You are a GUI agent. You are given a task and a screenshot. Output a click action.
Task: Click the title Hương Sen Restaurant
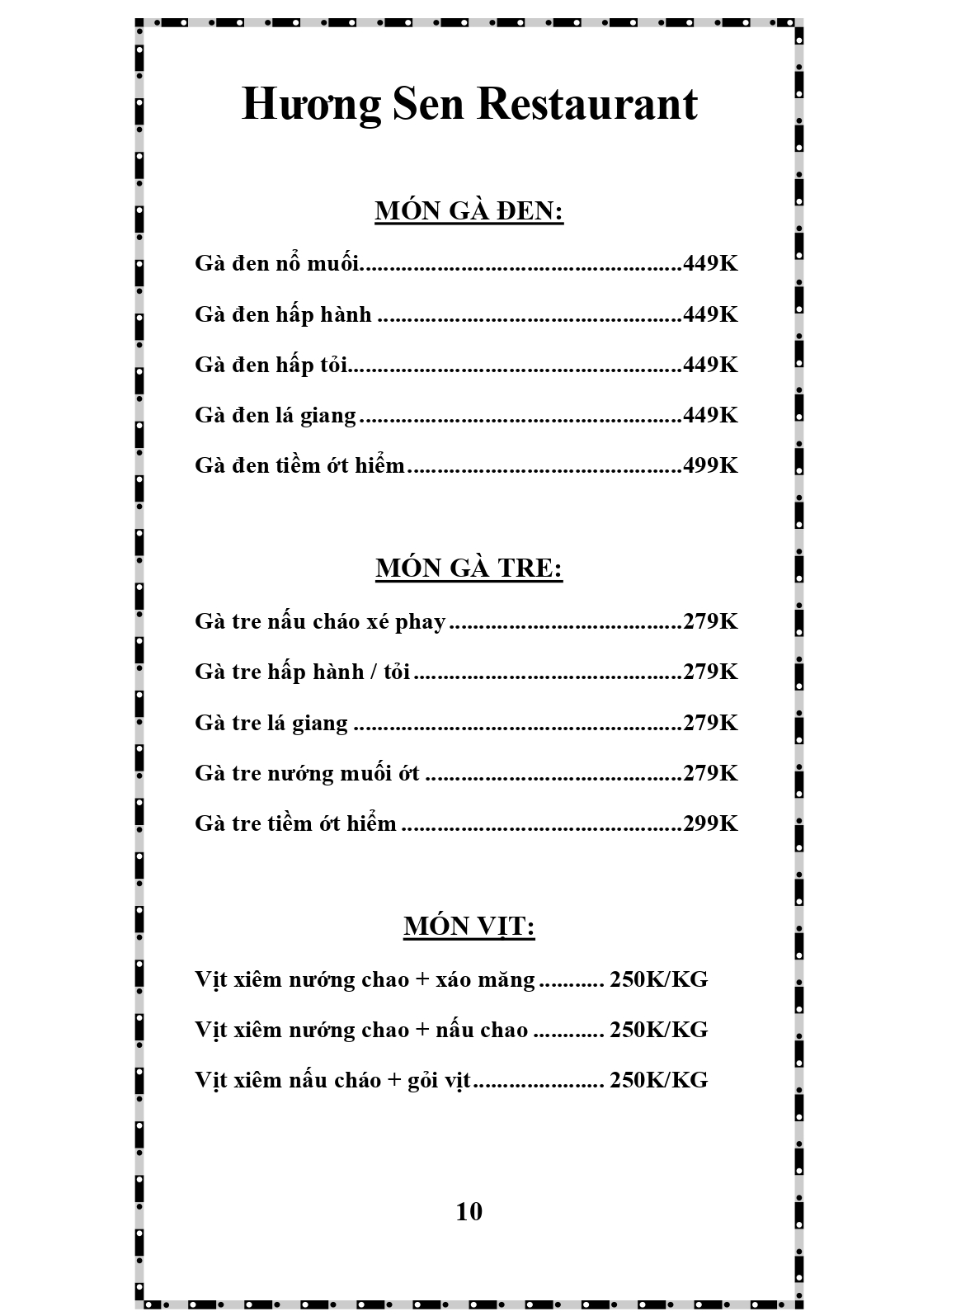click(x=469, y=105)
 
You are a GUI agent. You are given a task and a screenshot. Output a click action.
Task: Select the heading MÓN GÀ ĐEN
click(x=469, y=211)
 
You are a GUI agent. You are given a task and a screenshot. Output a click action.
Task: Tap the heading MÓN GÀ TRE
click(x=469, y=568)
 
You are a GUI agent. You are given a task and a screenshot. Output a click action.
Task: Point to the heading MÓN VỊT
click(x=469, y=927)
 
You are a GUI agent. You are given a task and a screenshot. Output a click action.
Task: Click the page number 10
click(x=469, y=1211)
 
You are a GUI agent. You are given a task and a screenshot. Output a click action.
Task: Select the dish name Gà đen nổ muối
click(x=277, y=263)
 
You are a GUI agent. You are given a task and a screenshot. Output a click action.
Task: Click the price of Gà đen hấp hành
click(x=710, y=314)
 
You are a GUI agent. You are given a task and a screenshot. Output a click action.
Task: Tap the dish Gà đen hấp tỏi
click(x=271, y=365)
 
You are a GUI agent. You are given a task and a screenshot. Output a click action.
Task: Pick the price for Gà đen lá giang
click(x=710, y=415)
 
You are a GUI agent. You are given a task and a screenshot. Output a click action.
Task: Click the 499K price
click(x=710, y=465)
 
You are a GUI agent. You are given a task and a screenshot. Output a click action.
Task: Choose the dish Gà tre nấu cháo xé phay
click(x=320, y=621)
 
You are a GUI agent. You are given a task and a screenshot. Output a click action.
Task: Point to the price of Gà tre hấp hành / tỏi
click(x=710, y=672)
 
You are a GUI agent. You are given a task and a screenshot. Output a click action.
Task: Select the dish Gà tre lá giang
click(x=271, y=723)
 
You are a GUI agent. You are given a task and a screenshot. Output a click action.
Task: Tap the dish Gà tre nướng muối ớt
click(x=307, y=773)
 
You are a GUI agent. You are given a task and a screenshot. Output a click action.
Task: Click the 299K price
click(x=710, y=823)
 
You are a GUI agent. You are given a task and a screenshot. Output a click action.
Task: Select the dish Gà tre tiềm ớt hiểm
click(x=295, y=823)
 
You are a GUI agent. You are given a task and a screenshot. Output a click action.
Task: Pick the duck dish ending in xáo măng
click(x=365, y=979)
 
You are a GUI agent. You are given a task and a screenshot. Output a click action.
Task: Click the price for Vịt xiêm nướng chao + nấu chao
click(x=658, y=1030)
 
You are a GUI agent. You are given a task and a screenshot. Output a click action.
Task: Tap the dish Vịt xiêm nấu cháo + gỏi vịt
click(x=332, y=1080)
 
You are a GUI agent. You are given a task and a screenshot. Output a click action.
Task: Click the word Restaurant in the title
click(x=586, y=105)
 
